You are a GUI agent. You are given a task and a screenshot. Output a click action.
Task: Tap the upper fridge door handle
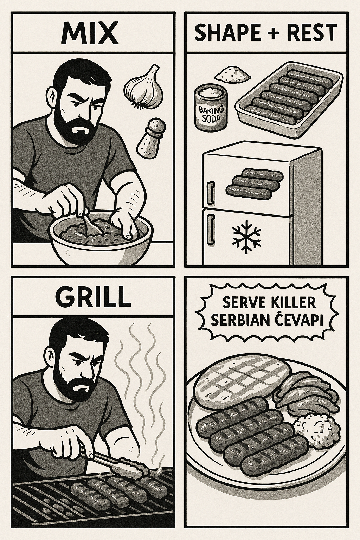210,190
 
